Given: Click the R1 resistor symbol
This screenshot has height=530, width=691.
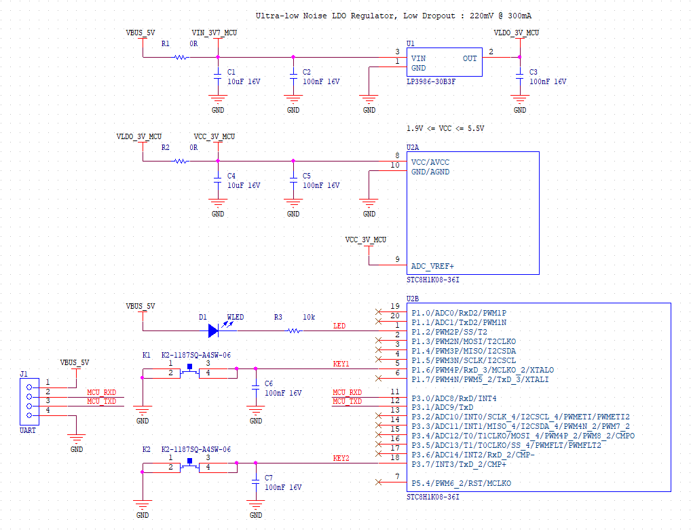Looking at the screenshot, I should [181, 57].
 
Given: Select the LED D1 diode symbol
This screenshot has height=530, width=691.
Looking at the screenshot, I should [213, 330].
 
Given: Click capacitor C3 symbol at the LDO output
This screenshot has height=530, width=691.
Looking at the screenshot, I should [519, 75].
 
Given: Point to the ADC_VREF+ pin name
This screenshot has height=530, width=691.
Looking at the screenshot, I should [432, 267].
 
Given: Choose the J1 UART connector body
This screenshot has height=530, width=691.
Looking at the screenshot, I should [29, 402].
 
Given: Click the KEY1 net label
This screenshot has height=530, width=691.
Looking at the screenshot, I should [341, 364].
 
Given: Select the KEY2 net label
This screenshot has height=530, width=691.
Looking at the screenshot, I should [341, 458].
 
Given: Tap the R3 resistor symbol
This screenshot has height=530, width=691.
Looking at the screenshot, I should [293, 330].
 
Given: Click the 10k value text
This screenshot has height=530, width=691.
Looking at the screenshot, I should [309, 317].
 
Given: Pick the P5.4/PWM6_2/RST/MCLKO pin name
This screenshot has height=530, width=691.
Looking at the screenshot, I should [461, 483].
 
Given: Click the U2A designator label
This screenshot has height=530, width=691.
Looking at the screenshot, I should [413, 147].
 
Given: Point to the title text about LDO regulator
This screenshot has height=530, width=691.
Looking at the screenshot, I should [397, 16].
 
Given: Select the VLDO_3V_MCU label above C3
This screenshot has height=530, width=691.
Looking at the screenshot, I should [517, 33].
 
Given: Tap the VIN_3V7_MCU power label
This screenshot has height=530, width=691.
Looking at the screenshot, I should [214, 33].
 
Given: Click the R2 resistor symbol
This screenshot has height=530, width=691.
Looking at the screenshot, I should [181, 161].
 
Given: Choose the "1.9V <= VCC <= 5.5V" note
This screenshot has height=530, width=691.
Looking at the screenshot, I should [445, 128].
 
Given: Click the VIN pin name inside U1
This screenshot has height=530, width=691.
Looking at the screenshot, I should [419, 58].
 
